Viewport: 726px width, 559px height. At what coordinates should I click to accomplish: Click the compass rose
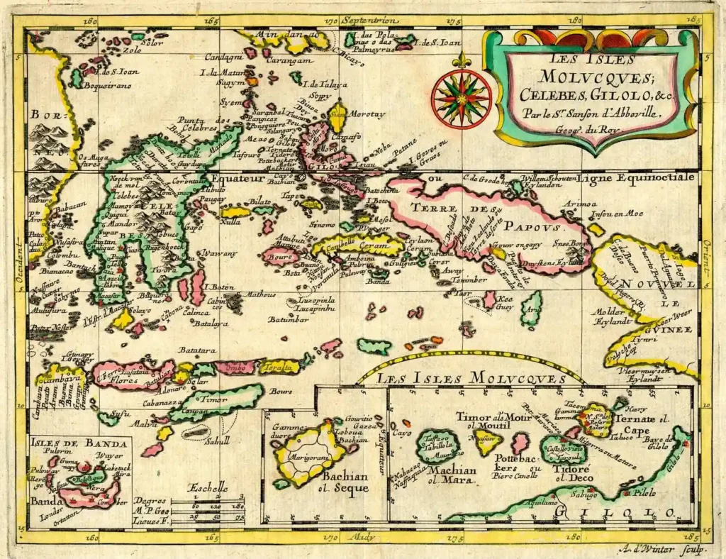coord(462,99)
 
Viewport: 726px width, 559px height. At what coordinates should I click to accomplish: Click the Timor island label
coord(214,399)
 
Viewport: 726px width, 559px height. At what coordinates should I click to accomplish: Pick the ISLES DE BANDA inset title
coord(79,444)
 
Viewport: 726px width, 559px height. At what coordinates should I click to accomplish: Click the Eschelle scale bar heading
coord(208,487)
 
